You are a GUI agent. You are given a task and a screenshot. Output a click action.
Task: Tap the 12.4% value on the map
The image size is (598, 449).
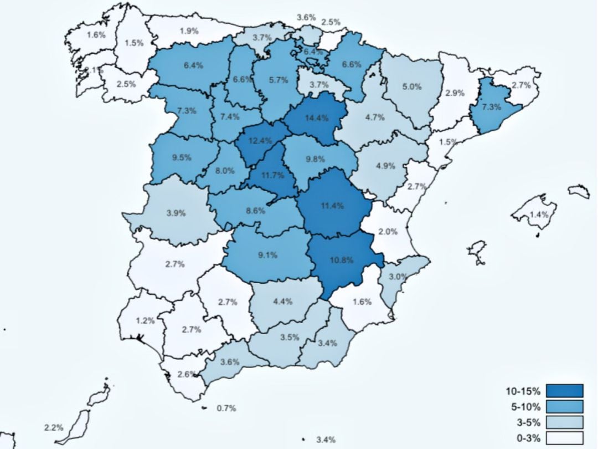[x=260, y=141]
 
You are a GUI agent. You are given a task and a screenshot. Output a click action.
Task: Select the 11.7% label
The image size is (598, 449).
[x=273, y=176]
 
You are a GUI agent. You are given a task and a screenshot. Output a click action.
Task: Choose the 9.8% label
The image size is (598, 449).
[x=315, y=159]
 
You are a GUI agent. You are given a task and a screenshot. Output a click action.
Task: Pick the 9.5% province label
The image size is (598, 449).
[x=181, y=157]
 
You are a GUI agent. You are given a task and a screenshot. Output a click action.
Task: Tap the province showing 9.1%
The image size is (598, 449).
[x=267, y=256]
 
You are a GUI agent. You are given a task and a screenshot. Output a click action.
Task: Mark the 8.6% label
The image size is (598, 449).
[x=256, y=211]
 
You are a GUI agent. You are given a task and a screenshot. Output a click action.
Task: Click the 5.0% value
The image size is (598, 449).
[x=412, y=86]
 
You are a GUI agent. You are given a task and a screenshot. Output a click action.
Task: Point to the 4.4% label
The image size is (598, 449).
[x=283, y=302]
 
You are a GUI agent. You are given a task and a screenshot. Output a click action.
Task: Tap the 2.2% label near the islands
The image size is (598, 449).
[x=54, y=428]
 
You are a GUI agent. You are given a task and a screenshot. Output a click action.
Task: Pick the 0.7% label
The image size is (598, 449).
[x=226, y=409]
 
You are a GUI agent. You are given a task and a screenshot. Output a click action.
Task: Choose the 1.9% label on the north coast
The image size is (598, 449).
[x=189, y=31]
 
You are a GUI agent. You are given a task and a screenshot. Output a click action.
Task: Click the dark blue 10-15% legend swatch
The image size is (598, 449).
[x=564, y=391]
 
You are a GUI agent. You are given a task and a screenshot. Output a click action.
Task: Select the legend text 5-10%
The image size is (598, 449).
[x=523, y=406]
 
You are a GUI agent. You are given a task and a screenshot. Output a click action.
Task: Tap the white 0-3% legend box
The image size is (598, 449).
[x=564, y=438]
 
